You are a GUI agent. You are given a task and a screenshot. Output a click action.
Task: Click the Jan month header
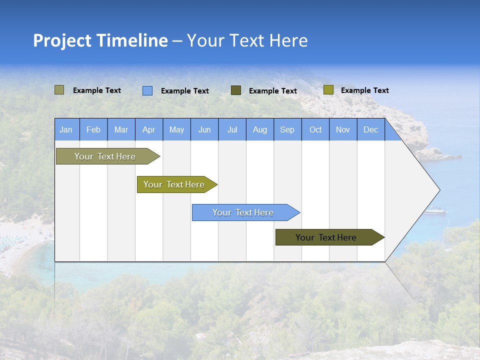(66, 129)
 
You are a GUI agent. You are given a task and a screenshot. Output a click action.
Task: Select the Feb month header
(93, 129)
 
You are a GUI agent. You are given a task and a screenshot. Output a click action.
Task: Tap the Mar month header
(121, 129)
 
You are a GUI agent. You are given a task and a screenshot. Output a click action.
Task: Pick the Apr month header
(148, 129)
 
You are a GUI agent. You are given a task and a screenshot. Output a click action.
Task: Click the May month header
(176, 129)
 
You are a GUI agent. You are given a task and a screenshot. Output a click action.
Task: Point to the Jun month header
(204, 129)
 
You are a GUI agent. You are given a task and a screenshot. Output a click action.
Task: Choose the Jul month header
(232, 129)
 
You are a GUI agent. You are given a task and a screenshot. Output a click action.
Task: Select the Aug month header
(259, 129)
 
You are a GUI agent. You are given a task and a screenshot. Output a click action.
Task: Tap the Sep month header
(287, 129)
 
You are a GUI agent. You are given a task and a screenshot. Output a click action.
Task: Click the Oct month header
(315, 129)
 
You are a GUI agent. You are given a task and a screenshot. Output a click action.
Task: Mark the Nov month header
(343, 129)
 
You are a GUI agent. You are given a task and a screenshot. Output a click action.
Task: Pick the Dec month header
(370, 129)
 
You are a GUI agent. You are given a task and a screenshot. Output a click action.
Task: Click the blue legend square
(147, 90)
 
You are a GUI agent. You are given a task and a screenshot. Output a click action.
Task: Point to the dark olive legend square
(236, 90)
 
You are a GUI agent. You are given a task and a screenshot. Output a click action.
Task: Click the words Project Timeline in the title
(100, 40)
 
